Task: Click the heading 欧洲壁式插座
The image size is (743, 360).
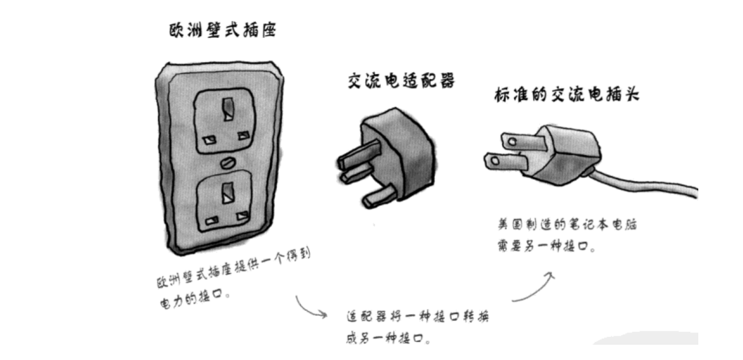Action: point(223,31)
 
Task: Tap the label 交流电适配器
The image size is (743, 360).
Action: point(401,82)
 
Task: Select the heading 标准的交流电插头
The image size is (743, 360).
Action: point(566,96)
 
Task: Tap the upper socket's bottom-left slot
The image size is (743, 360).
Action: point(209,139)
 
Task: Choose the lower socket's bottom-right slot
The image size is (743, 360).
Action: point(243,216)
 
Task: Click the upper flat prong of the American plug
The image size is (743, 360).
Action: point(516,138)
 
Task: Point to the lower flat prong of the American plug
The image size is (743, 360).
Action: point(504,161)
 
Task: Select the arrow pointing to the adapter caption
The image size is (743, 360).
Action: point(310,307)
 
